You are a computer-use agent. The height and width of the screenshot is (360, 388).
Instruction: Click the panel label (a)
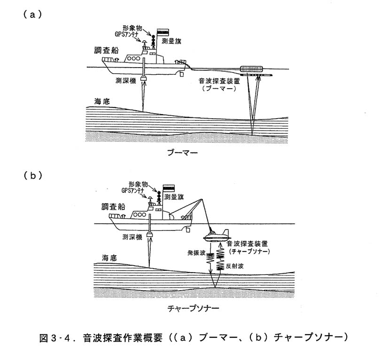pos(33,15)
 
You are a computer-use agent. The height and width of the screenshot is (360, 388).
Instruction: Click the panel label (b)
pos(33,175)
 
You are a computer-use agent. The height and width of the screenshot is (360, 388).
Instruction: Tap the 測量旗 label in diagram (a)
pos(171,41)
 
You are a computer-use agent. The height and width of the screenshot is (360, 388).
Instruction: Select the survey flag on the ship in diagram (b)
pos(169,188)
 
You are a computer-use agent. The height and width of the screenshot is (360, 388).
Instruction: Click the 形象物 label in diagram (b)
pos(138,184)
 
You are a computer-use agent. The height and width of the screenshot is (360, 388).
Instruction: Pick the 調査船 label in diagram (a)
pos(107,50)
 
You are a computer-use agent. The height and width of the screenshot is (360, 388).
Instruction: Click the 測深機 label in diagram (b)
pos(132,237)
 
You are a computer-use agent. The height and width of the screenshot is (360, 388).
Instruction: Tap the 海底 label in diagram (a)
pos(102,101)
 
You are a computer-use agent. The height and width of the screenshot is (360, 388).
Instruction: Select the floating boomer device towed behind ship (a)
pos(252,69)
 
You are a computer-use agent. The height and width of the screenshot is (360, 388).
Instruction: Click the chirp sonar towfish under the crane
pos(216,236)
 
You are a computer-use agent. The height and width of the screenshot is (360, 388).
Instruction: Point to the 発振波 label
pos(196,253)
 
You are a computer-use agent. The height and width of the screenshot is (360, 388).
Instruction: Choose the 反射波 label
pos(235,266)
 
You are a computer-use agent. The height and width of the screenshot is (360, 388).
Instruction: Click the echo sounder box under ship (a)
pos(144,78)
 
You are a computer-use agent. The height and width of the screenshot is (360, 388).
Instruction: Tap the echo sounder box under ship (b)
pos(150,234)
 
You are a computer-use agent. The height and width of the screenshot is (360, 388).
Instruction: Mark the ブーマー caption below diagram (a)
pos(183,152)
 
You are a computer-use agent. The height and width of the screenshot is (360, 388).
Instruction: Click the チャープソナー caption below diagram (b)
pos(193,308)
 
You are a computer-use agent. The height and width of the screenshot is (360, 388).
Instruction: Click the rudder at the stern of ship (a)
pos(182,74)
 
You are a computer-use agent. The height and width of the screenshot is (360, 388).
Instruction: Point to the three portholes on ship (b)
pos(140,214)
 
